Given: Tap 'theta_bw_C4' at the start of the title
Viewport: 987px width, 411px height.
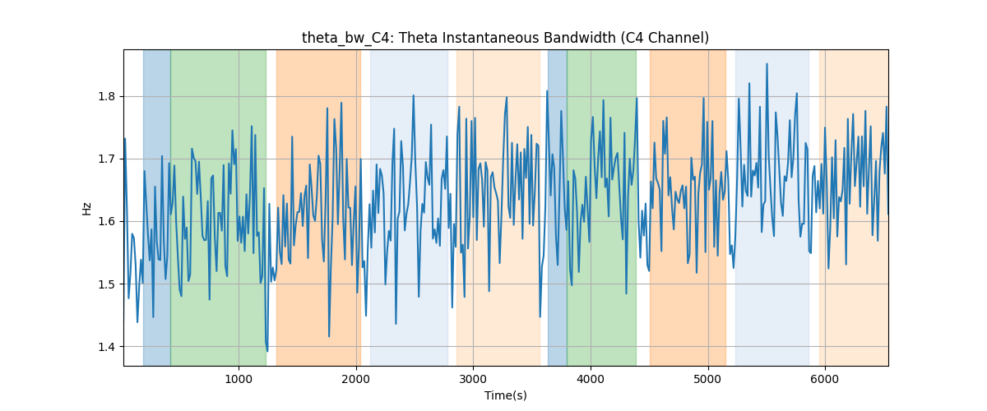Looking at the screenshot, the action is point(345,39).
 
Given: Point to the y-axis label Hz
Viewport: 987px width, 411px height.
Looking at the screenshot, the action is point(87,208).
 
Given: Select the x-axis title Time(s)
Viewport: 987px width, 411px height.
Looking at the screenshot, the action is point(505,395).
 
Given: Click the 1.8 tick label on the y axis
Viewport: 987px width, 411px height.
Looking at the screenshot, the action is point(106,96).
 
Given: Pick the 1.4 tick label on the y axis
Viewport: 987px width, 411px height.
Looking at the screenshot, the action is point(106,347).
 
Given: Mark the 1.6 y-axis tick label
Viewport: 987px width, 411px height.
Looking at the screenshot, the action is point(106,222).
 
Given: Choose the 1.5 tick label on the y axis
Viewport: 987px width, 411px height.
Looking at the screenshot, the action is point(106,284).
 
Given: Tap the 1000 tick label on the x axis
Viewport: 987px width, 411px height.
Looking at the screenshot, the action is point(239,379).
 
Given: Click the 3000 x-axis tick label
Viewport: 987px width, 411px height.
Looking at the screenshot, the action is point(473,379).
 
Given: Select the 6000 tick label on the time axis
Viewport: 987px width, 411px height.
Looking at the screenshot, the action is point(824,379).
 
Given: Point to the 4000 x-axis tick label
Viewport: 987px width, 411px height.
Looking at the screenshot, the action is point(591,379).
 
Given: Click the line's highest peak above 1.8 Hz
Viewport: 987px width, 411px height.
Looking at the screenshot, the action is point(767,64).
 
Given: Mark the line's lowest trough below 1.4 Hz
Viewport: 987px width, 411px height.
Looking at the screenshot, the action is point(267,351).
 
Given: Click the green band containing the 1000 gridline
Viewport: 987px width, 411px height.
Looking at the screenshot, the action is point(219,207).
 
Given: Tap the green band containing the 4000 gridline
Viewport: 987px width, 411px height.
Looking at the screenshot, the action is point(602,207).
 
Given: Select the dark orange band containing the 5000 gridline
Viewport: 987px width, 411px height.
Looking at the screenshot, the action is point(688,207).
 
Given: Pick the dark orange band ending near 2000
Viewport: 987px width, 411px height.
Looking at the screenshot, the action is point(318,207).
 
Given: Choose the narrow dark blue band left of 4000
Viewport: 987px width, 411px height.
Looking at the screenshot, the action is point(558,207).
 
